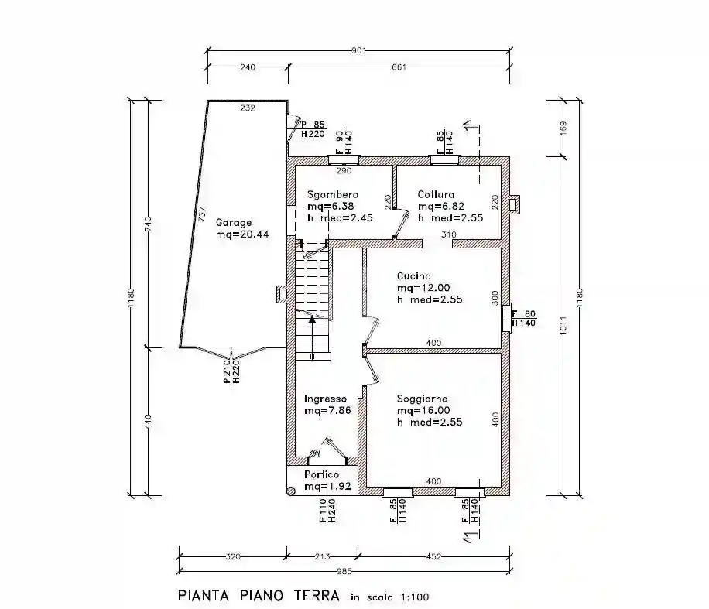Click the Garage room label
233,222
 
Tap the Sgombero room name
331,194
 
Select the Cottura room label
436,194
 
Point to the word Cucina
413,276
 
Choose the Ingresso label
325,399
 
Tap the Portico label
321,474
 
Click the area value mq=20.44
242,234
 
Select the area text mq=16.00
423,411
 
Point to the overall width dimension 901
358,51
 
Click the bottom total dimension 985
344,572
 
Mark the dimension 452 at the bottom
434,555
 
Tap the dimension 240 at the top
248,67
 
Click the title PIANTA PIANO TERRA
259,596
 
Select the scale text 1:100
414,597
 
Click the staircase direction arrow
311,316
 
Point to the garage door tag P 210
225,371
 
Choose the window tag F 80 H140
525,318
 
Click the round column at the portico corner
290,490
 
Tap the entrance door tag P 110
322,511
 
